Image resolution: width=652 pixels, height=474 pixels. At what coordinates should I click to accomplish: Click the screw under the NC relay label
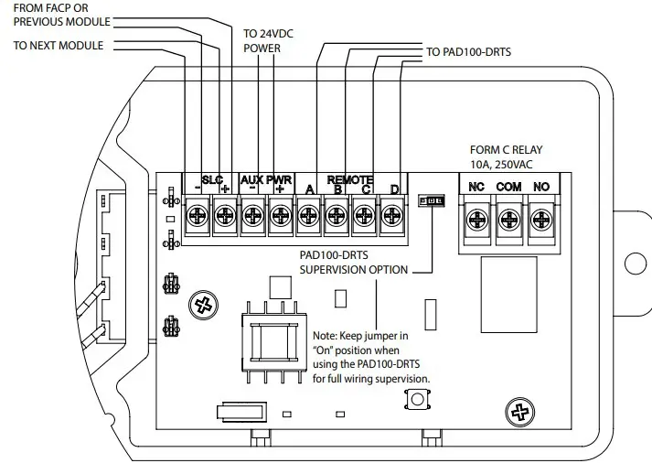click(476, 219)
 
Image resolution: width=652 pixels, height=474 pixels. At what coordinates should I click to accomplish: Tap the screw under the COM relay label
click(509, 219)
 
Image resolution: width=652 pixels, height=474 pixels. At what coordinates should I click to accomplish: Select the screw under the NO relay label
click(541, 219)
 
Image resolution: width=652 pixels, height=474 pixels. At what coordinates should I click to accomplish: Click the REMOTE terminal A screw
click(308, 217)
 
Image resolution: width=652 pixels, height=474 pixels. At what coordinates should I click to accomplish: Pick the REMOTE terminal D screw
click(391, 217)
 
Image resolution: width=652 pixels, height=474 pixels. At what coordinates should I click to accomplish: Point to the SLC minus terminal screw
click(198, 217)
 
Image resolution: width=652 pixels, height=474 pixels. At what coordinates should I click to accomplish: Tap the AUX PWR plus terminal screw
click(280, 217)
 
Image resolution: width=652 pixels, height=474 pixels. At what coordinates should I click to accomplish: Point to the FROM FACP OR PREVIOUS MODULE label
click(60, 14)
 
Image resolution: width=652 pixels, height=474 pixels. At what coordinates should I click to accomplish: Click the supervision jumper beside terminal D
click(429, 199)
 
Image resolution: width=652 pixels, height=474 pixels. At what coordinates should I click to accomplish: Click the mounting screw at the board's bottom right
click(522, 411)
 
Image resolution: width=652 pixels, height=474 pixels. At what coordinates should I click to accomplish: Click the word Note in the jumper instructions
click(326, 337)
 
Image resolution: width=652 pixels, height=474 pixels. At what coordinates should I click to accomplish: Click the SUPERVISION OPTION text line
click(358, 271)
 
